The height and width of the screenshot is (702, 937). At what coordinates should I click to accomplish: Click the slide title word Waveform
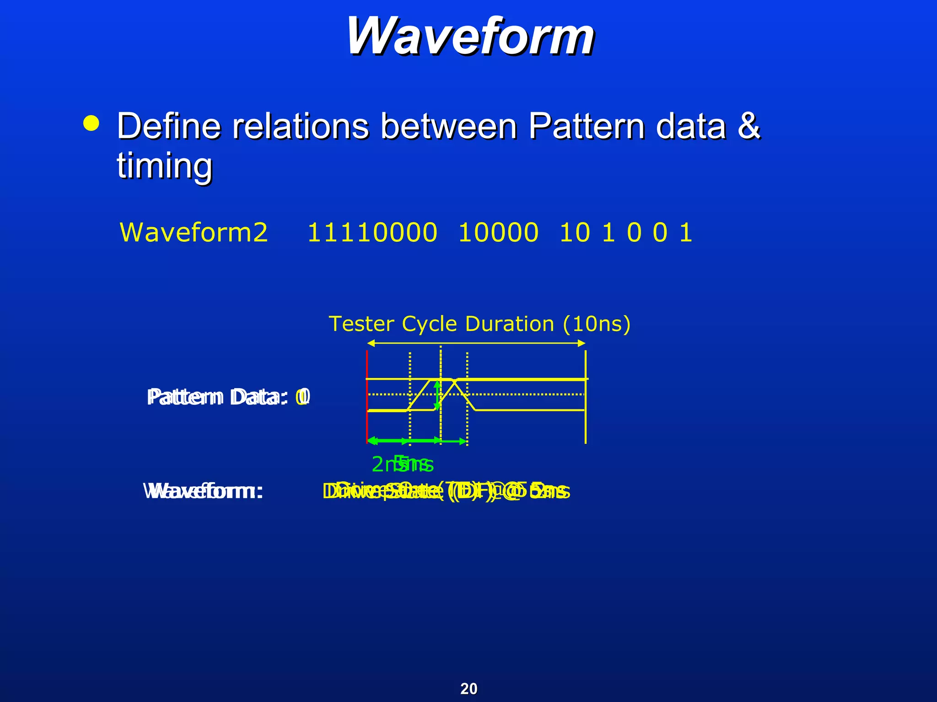coord(470,37)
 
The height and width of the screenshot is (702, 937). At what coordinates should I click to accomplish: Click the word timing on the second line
coord(165,165)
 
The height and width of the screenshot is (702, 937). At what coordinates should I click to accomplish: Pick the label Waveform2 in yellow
coord(194,232)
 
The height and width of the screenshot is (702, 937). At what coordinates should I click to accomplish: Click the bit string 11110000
coord(372,232)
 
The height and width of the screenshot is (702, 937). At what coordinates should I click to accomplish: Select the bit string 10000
coord(498,232)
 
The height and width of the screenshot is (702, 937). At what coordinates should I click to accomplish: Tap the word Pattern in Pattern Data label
coord(185,397)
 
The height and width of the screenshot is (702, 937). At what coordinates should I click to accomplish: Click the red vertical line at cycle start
coord(367,397)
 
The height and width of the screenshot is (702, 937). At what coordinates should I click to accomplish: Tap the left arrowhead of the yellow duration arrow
coord(371,343)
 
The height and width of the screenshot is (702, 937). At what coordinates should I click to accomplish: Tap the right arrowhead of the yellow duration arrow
coord(582,343)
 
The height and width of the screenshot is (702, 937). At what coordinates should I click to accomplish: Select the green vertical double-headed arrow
coord(437,395)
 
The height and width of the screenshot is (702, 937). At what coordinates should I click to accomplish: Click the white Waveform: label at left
coord(204,492)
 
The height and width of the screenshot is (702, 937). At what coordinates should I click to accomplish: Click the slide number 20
coord(468,688)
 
